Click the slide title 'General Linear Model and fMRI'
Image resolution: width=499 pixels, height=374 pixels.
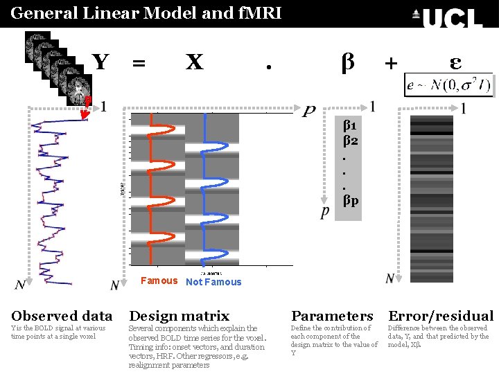point(146,12)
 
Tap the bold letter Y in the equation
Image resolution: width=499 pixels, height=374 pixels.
point(101,62)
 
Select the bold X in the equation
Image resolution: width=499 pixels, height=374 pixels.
point(194,62)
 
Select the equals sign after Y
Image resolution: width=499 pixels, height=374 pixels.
point(139,64)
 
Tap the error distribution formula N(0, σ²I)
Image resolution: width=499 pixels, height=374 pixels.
point(449,85)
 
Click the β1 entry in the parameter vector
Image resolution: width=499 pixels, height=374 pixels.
point(350,126)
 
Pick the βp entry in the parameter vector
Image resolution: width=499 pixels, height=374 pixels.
point(350,201)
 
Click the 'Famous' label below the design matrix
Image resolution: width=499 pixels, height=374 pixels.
point(159,280)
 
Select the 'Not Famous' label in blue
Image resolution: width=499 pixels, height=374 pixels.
point(213,282)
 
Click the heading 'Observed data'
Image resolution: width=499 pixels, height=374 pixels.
point(62,317)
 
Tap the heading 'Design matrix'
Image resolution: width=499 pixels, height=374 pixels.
point(179,317)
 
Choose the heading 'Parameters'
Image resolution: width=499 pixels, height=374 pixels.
point(332,317)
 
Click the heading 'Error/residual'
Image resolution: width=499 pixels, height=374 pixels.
point(441,317)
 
